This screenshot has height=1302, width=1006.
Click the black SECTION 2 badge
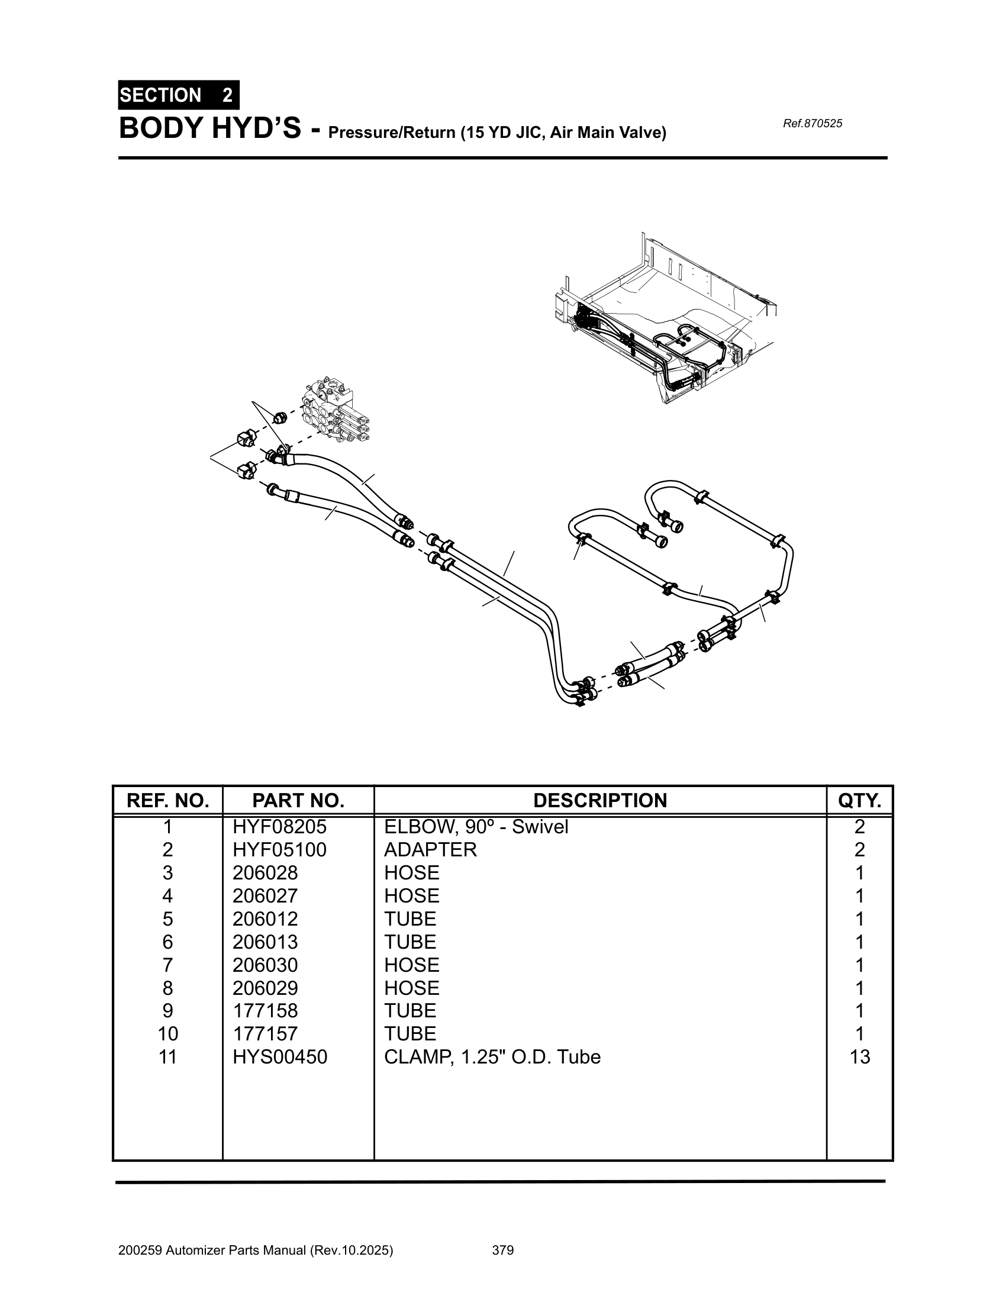click(178, 95)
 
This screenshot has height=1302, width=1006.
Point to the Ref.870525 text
click(812, 124)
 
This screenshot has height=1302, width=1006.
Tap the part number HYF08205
click(279, 826)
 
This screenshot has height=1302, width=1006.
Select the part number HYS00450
click(279, 1056)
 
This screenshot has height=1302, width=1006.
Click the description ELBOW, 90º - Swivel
click(476, 826)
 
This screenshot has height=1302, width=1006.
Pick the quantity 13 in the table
click(859, 1056)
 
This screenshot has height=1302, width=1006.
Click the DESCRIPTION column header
click(599, 800)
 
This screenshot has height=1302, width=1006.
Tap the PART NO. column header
click(298, 800)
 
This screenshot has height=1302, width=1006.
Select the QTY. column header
click(859, 800)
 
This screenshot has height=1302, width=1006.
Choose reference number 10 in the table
click(167, 1033)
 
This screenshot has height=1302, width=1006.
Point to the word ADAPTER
click(430, 849)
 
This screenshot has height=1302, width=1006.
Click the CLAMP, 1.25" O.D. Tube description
click(492, 1056)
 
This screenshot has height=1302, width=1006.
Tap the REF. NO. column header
click(167, 800)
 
